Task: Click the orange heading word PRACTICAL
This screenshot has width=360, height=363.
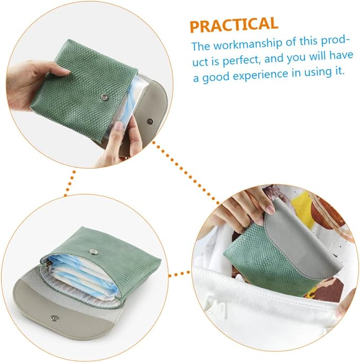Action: [234, 25]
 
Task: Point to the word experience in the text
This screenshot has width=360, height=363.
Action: [261, 74]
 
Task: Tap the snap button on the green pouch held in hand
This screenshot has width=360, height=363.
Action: [105, 97]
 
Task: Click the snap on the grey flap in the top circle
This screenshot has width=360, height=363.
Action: [150, 121]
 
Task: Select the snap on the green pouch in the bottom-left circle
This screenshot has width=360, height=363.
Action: [93, 252]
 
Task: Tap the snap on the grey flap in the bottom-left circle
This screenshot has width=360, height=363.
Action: [55, 318]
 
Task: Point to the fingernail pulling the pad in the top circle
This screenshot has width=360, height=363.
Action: [119, 127]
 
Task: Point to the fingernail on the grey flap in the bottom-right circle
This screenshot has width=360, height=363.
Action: [270, 209]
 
